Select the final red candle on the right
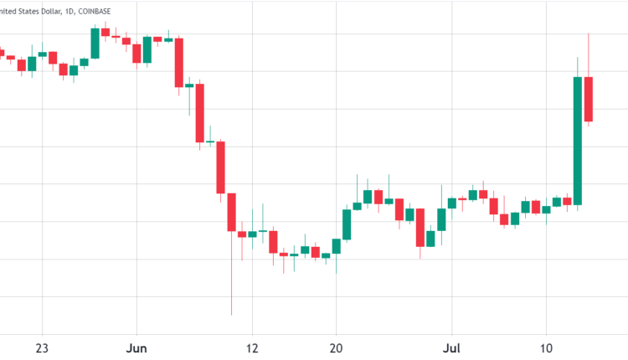[x=589, y=99]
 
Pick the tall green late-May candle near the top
[x=95, y=44]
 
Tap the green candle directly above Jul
[x=452, y=203]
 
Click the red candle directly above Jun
[x=136, y=53]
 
